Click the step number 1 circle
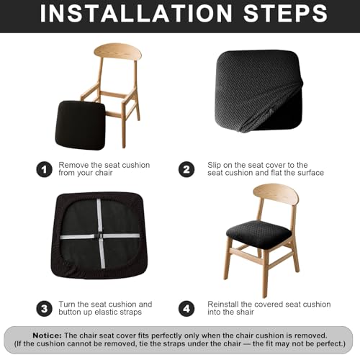click(44, 170)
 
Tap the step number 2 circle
click(186, 170)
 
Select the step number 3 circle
click(44, 309)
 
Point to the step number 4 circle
click(186, 309)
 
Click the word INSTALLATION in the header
click(136, 14)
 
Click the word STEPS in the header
click(285, 14)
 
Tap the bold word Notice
click(47, 336)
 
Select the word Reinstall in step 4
click(223, 305)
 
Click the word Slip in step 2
click(214, 166)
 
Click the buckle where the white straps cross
click(100, 236)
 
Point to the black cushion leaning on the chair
click(80, 125)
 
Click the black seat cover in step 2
click(258, 91)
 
